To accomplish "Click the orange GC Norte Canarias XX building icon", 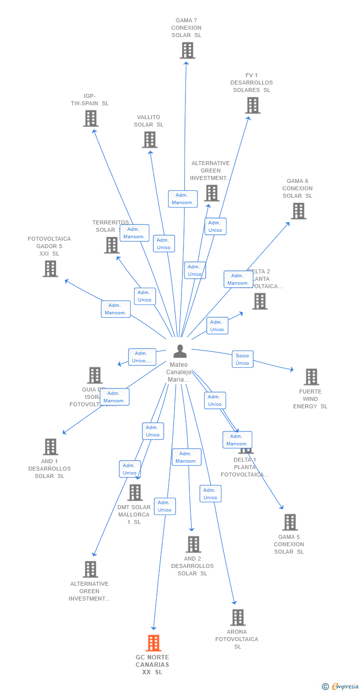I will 154,643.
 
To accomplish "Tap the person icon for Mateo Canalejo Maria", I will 180,351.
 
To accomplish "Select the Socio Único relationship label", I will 242,359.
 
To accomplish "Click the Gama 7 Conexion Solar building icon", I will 187,50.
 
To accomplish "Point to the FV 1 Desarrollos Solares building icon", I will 252,105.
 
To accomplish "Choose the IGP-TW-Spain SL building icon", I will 90,119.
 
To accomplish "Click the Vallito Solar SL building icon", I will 149,140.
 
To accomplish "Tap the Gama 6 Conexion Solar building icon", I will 298,211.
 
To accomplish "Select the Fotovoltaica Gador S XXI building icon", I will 50,269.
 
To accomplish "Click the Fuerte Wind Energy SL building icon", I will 311,377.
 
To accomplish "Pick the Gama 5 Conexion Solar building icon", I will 289,522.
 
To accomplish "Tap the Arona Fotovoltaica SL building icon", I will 238,617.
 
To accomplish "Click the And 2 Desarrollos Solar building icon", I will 193,544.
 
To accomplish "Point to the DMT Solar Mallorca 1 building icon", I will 135,493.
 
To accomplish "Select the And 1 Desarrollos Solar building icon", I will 50,447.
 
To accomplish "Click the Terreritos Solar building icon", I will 112,245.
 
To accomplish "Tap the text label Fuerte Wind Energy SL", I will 310,399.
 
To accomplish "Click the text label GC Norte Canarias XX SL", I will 152,665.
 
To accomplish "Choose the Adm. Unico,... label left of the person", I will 142,357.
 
